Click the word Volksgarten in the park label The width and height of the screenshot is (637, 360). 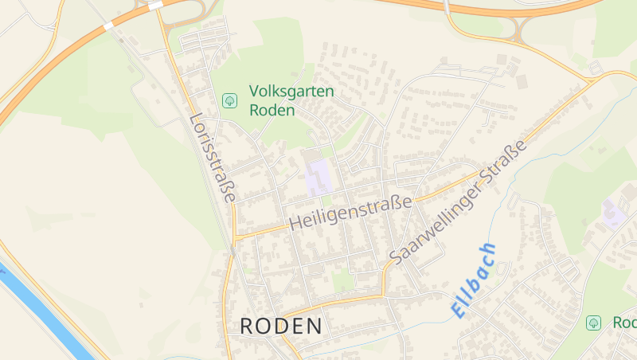click(x=291, y=92)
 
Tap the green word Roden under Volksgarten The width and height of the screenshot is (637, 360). click(x=272, y=110)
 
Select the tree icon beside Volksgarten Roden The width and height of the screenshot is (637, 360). click(x=229, y=100)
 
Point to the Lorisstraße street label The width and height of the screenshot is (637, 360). click(x=213, y=158)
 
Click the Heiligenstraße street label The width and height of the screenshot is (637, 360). click(x=350, y=213)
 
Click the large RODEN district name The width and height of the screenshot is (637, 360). click(x=281, y=326)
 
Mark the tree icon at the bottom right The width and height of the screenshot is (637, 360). click(x=593, y=323)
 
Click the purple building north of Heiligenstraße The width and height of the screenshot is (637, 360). click(x=318, y=176)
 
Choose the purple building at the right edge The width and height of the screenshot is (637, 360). click(x=613, y=213)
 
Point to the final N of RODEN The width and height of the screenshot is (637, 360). click(x=314, y=326)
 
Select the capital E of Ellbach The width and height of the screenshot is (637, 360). click(x=459, y=309)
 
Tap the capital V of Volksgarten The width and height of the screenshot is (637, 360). click(x=255, y=92)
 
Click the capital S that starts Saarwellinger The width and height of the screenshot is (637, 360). click(x=396, y=256)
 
